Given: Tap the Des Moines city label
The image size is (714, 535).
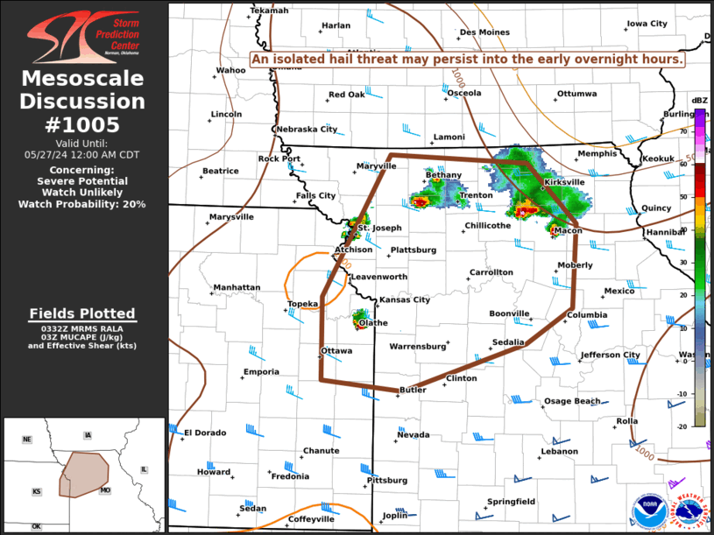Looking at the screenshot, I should tap(484, 32).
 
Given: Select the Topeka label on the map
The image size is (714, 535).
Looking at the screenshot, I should tap(303, 304).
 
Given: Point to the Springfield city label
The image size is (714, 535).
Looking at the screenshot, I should tap(511, 501).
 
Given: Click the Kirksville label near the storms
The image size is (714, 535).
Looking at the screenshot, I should tap(563, 182).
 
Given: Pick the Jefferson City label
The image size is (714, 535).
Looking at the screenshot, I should tap(610, 355).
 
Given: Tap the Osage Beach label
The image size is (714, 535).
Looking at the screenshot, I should tap(572, 401).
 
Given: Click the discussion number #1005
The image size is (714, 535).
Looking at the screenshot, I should tap(82, 124).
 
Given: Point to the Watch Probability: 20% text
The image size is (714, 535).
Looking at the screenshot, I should tap(82, 204).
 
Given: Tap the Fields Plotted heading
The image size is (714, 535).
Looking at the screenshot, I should tap(82, 313).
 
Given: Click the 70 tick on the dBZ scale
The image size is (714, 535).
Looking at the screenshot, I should tap(683, 131).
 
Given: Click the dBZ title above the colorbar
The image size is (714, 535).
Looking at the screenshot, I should tap(699, 101).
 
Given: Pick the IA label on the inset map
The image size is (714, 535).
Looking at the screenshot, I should tap(88, 435).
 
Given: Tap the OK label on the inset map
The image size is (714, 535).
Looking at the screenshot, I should tap(37, 526).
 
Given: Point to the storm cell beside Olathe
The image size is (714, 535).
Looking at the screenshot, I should tap(360, 319).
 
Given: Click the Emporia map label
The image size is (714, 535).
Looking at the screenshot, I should tap(261, 372).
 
